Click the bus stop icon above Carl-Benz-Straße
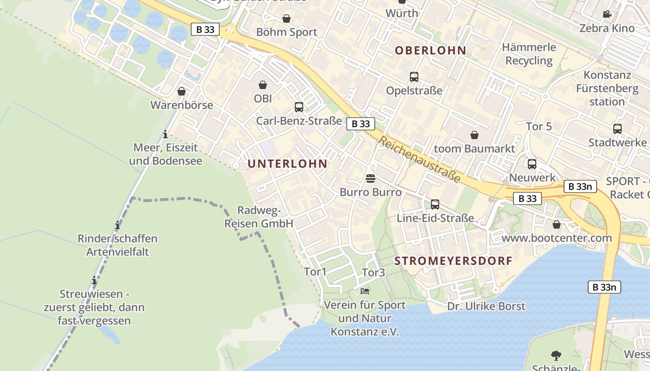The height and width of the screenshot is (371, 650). tap(299, 107)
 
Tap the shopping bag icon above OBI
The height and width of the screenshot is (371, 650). tap(263, 85)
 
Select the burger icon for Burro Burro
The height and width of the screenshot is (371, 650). tap(370, 179)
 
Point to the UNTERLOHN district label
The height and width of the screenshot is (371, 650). tap(287, 164)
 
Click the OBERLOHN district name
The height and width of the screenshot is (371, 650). tap(430, 51)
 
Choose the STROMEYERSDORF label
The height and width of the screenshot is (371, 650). tap(453, 261)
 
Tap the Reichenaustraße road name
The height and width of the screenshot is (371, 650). tap(420, 159)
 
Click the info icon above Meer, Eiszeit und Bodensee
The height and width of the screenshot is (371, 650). tap(165, 134)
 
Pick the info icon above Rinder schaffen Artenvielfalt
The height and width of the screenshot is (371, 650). tap(117, 226)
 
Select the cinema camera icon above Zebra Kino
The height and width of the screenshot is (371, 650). tap(607, 14)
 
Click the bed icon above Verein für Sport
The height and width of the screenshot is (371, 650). tap(365, 291)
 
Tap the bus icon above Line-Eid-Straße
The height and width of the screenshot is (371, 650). tap(435, 205)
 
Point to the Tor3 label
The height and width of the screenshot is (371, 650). tap(373, 273)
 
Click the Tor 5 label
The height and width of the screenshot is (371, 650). tap(539, 126)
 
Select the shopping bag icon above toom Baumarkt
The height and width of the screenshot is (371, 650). tap(474, 135)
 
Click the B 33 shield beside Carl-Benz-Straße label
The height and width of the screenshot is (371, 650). tap(361, 124)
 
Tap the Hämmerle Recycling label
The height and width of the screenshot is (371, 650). tap(529, 54)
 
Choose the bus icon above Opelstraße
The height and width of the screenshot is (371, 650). tap(414, 77)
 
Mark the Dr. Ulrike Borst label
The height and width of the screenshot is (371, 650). tap(486, 307)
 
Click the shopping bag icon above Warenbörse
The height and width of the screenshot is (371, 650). tap(182, 91)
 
